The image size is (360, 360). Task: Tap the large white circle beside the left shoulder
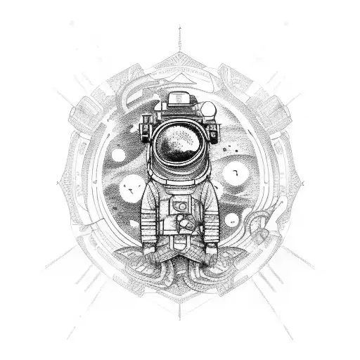tap(129, 188)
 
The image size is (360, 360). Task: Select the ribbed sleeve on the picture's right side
tap(210, 211)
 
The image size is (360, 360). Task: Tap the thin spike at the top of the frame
tap(180, 35)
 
